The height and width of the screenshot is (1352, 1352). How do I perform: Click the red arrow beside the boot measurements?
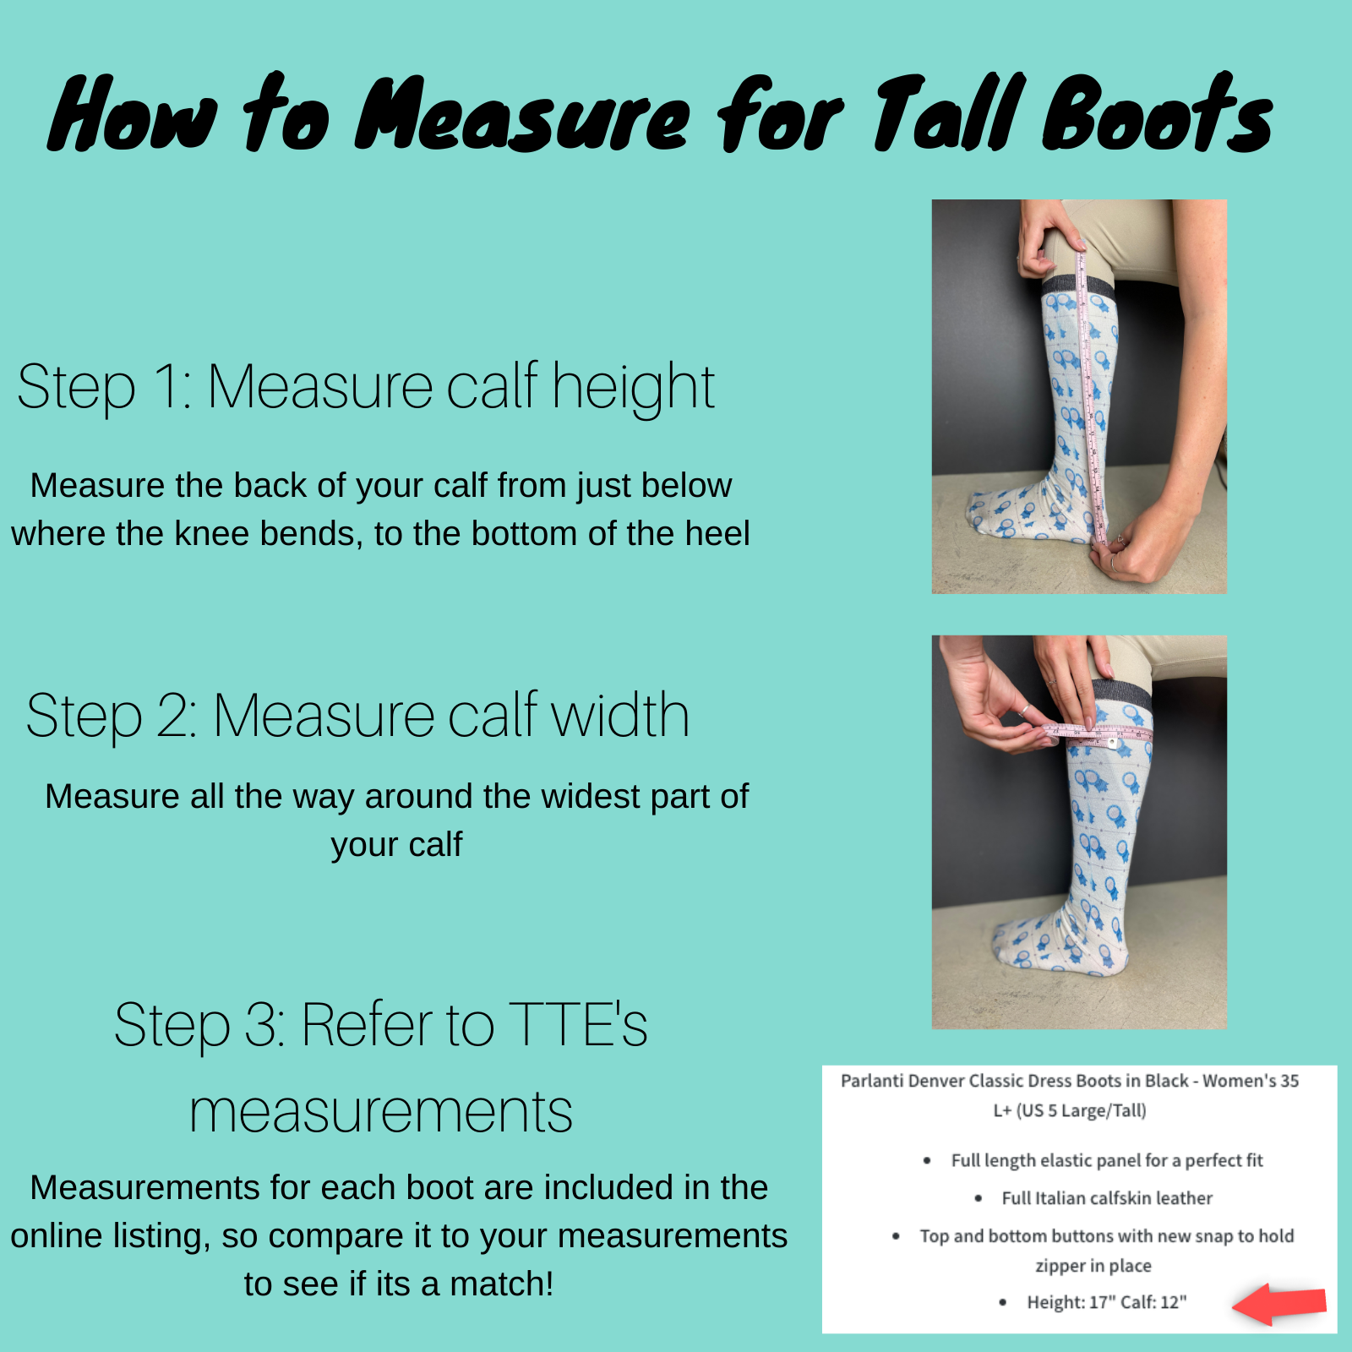pyautogui.click(x=1279, y=1303)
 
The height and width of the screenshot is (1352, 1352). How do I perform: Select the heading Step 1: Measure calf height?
pyautogui.click(x=366, y=387)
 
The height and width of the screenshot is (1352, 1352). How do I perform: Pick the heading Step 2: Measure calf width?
pyautogui.click(x=358, y=715)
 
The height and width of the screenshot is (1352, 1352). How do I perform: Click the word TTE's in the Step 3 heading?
pyautogui.click(x=579, y=1024)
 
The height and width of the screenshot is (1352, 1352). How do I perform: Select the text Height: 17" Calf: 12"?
pyautogui.click(x=1106, y=1302)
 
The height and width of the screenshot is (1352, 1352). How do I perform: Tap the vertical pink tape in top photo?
pyautogui.click(x=1090, y=397)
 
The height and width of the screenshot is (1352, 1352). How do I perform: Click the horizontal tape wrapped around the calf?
pyautogui.click(x=1096, y=733)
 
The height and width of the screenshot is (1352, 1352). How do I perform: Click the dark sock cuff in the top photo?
pyautogui.click(x=1078, y=286)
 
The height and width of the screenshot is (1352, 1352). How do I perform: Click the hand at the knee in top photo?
pyautogui.click(x=1048, y=237)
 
